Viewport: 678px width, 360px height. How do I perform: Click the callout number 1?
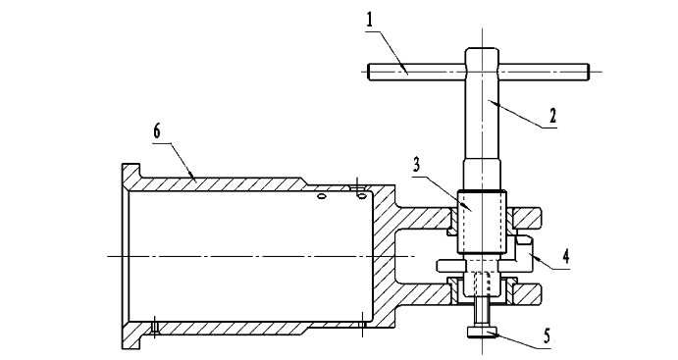[369, 21]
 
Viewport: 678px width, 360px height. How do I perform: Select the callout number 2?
[552, 116]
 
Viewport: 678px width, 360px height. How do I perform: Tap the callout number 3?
[416, 165]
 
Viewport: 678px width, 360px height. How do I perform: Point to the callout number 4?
[565, 256]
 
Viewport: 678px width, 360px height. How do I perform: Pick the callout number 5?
[547, 334]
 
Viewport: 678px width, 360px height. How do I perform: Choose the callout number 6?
[157, 130]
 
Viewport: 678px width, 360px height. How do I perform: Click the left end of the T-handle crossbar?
[368, 72]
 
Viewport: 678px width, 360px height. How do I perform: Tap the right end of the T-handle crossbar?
[588, 72]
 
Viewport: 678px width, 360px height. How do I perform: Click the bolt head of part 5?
[483, 332]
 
